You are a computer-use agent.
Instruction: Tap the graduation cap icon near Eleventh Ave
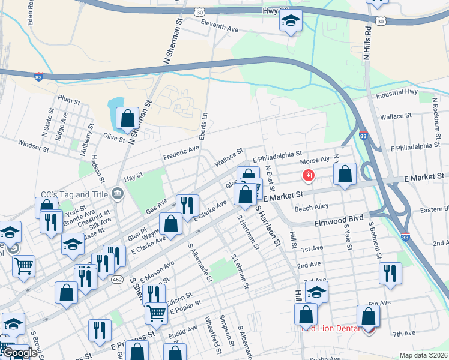tap(291, 21)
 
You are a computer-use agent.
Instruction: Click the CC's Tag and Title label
tap(73, 194)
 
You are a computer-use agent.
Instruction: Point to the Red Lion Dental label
tap(331, 328)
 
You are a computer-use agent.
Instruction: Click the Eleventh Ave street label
tap(220, 28)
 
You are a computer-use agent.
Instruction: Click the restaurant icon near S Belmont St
tap(391, 273)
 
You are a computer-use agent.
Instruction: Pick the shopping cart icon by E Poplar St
tap(156, 312)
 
